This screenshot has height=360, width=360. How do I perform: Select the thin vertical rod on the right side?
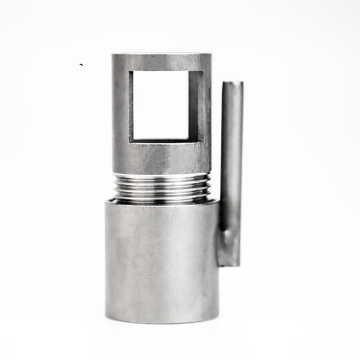231,166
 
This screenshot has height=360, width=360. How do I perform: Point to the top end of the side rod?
232,83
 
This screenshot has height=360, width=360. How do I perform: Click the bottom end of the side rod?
229,265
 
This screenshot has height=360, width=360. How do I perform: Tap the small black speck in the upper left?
82,65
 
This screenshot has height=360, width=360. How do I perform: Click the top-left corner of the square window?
131,71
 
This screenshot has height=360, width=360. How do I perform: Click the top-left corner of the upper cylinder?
114,55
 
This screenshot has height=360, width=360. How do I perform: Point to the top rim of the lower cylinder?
162,201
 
